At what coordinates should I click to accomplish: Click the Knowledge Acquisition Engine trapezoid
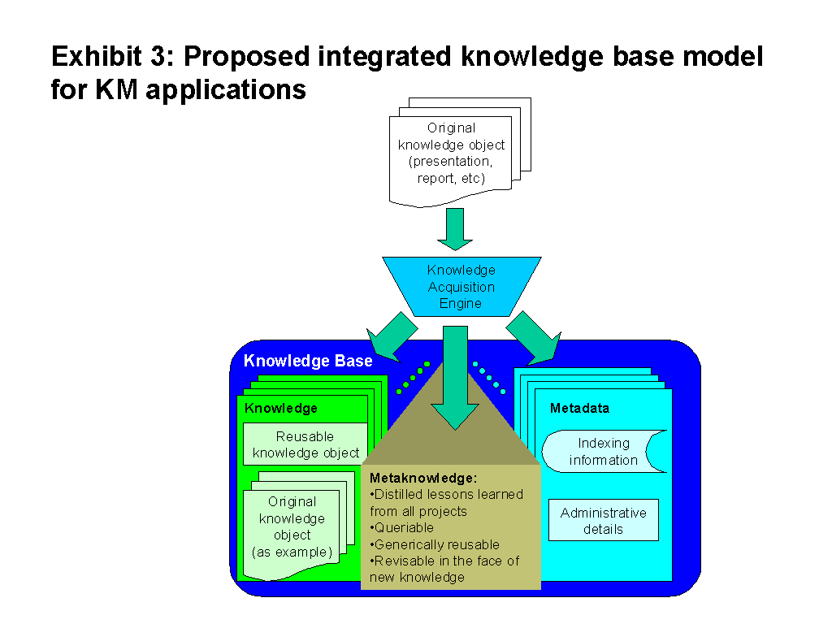pos(461,286)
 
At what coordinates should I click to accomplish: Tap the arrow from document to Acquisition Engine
pos(455,229)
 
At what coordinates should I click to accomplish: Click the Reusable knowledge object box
pos(305,444)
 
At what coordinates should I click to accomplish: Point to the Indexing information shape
pos(604,452)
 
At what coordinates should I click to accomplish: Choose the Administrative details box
pos(603,521)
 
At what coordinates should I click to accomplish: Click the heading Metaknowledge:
pos(423,478)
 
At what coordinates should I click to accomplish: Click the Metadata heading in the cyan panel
pos(579,408)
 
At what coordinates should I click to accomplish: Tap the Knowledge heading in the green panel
pos(281,408)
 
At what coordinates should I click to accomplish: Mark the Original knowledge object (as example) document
pos(292,527)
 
